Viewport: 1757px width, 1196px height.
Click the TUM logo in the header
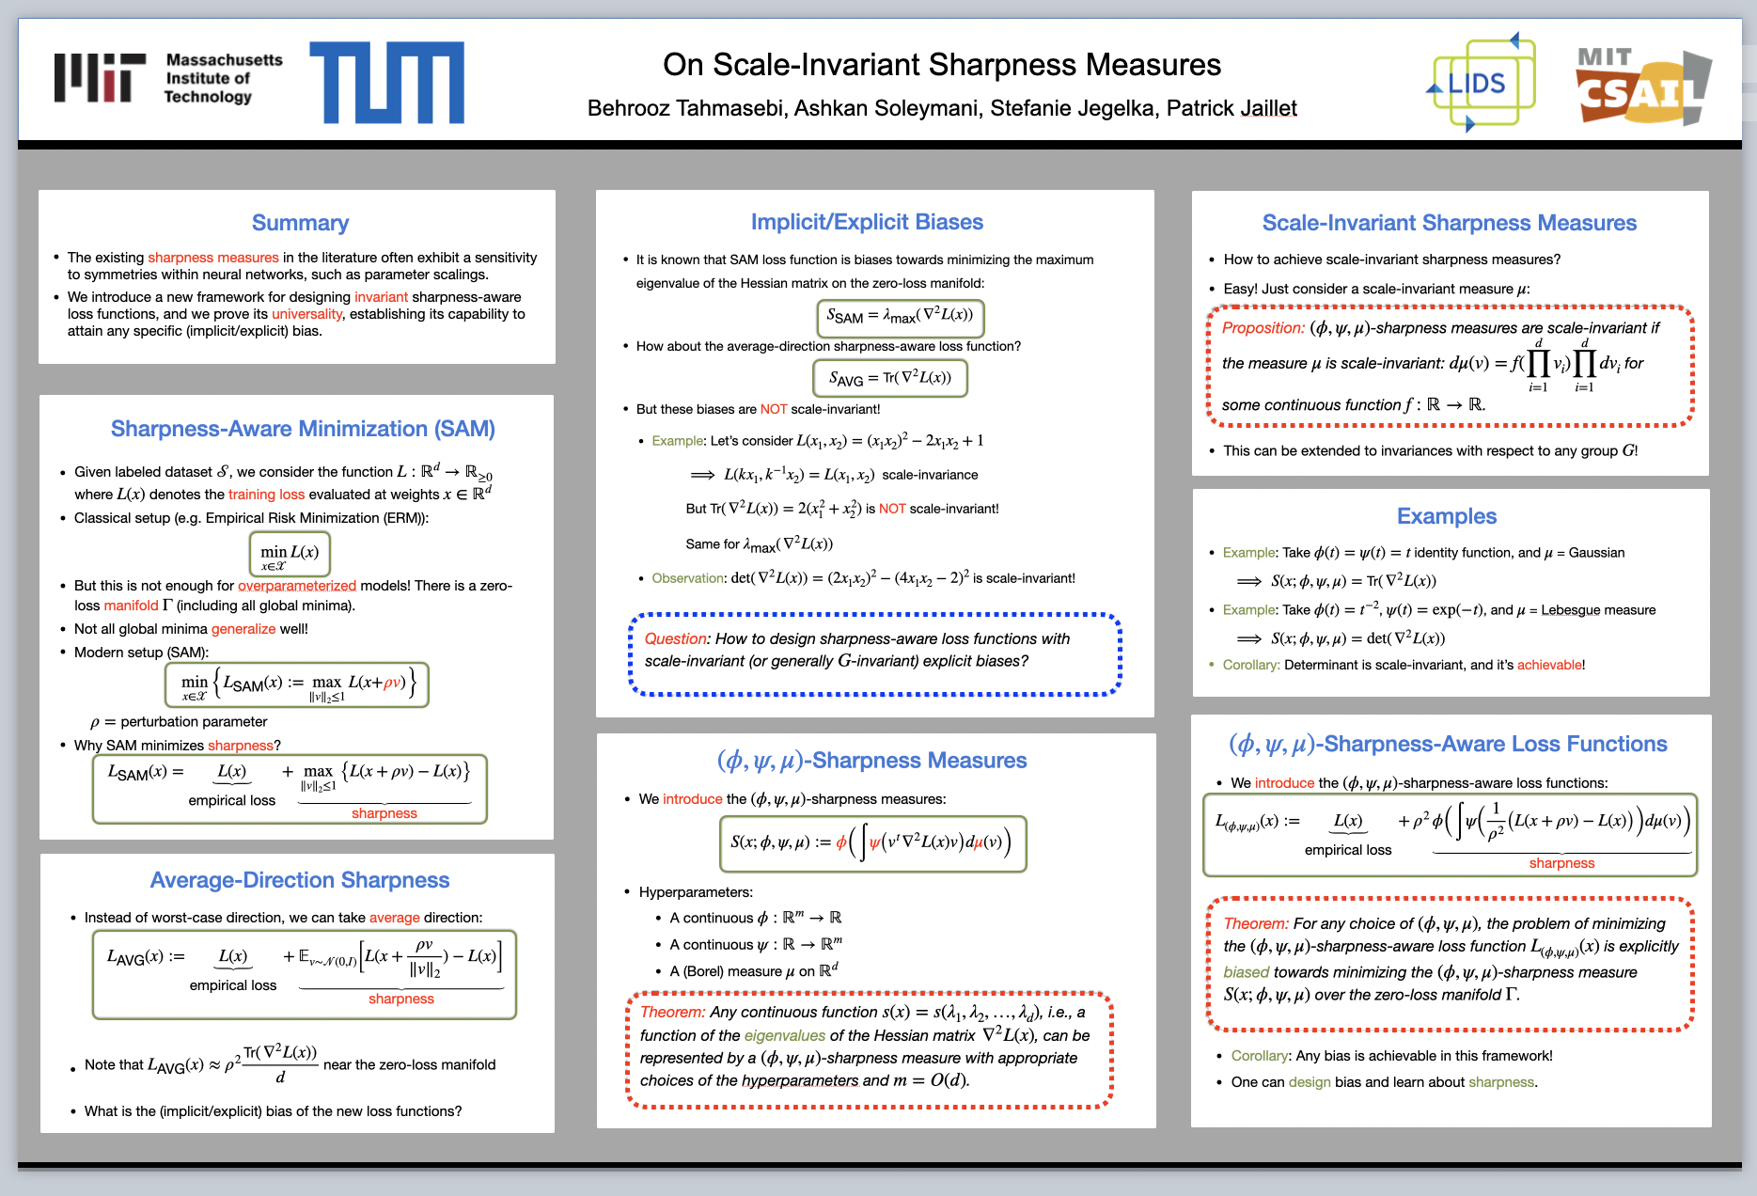click(x=386, y=83)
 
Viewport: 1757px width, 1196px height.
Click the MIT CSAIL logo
click(x=1643, y=87)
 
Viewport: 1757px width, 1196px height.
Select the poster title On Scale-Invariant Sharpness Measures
click(x=942, y=65)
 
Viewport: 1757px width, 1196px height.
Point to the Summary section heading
click(x=300, y=223)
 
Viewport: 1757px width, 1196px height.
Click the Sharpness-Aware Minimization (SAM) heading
click(x=303, y=429)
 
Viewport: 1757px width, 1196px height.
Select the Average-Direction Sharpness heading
click(x=300, y=880)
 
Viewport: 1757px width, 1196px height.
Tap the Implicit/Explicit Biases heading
click(x=867, y=222)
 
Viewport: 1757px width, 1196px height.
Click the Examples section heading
click(x=1446, y=516)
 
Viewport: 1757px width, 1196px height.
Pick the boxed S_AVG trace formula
click(x=889, y=378)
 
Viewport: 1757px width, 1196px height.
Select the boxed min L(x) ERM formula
click(x=290, y=554)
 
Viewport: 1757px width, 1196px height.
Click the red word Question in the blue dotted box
click(x=676, y=638)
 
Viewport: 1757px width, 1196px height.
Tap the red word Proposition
click(x=1263, y=328)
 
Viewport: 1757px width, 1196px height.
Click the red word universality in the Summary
click(x=307, y=314)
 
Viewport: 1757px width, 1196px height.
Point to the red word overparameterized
click(x=297, y=586)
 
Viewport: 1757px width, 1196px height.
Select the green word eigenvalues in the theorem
click(x=785, y=1035)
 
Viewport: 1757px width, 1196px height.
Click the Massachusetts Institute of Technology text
click(x=224, y=78)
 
